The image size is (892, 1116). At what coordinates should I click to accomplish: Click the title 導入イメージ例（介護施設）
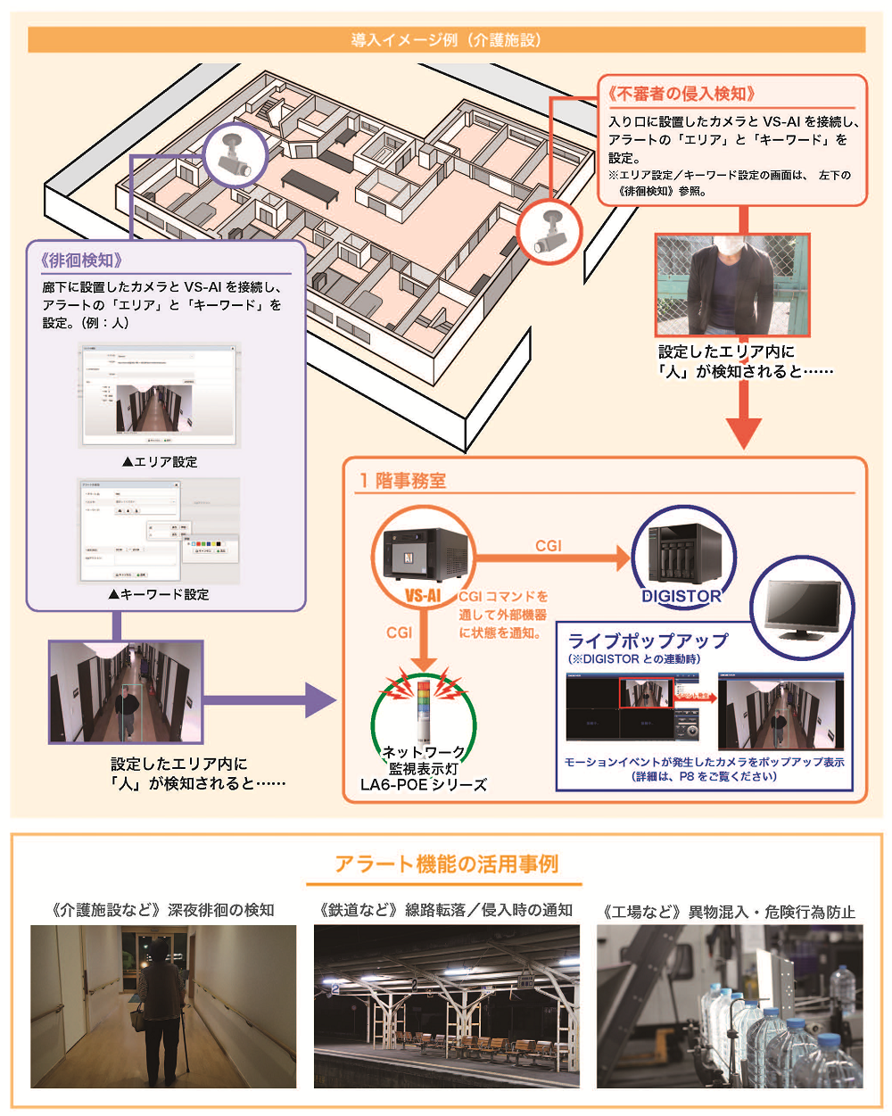[446, 40]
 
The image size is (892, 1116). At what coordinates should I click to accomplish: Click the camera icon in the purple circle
[236, 153]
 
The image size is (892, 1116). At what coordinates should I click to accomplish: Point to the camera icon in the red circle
[549, 230]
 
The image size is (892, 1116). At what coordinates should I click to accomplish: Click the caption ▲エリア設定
[160, 461]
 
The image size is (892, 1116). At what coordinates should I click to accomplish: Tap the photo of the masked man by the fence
[731, 285]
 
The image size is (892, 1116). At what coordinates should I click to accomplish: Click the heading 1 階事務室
[402, 480]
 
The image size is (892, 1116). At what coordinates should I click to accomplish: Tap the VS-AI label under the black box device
[423, 595]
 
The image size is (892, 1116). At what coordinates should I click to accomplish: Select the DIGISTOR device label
[682, 596]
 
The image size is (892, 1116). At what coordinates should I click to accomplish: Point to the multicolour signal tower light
[424, 705]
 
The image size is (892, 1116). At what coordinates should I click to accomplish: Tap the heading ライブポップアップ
[648, 641]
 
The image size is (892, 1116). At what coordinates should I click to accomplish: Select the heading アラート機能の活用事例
[446, 864]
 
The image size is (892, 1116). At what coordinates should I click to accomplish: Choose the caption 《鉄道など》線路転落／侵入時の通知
[446, 910]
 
